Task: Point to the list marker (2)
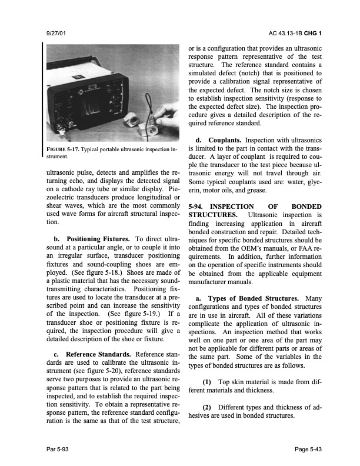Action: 210,407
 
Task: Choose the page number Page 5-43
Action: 310,450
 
